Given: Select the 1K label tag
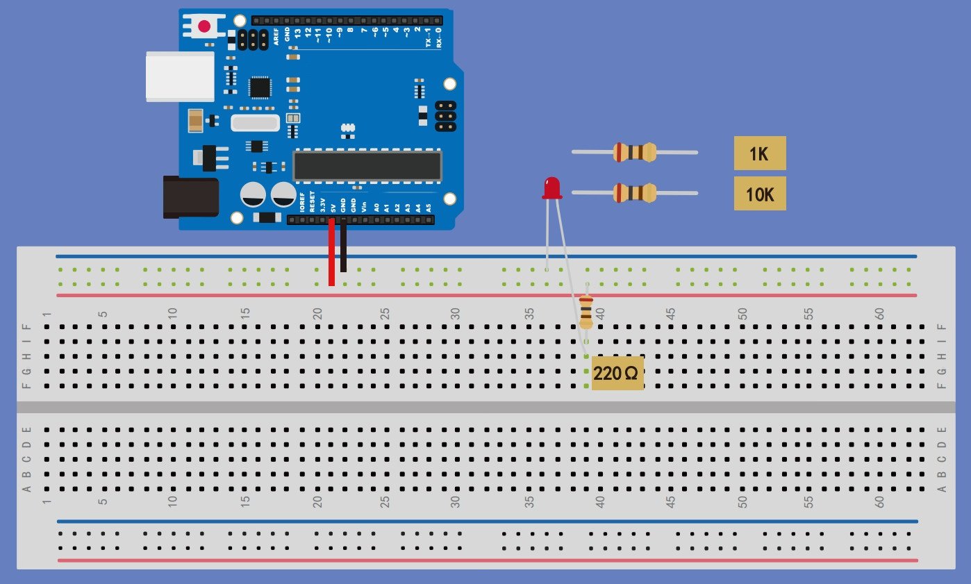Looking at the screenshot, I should pyautogui.click(x=759, y=153).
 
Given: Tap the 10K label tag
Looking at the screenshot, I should pyautogui.click(x=759, y=194).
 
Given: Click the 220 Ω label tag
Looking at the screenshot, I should pyautogui.click(x=617, y=373).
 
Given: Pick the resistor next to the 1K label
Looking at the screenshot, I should pyautogui.click(x=634, y=152).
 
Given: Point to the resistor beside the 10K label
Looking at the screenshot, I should pyautogui.click(x=634, y=192).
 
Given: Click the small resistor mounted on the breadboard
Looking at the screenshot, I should pyautogui.click(x=586, y=311).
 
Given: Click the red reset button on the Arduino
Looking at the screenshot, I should pyautogui.click(x=204, y=26).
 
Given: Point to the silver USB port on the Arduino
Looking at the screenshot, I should pyautogui.click(x=180, y=76).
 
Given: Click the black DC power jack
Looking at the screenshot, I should pyautogui.click(x=190, y=197).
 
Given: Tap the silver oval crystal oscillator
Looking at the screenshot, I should pyautogui.click(x=255, y=124).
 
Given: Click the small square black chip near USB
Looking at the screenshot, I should pyautogui.click(x=259, y=87).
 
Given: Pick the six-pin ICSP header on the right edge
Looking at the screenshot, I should pyautogui.click(x=445, y=116).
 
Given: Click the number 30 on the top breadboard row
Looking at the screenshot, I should pyautogui.click(x=455, y=314).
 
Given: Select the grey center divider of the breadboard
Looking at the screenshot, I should pyautogui.click(x=486, y=406).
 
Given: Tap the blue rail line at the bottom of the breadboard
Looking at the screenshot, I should pyautogui.click(x=486, y=521).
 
